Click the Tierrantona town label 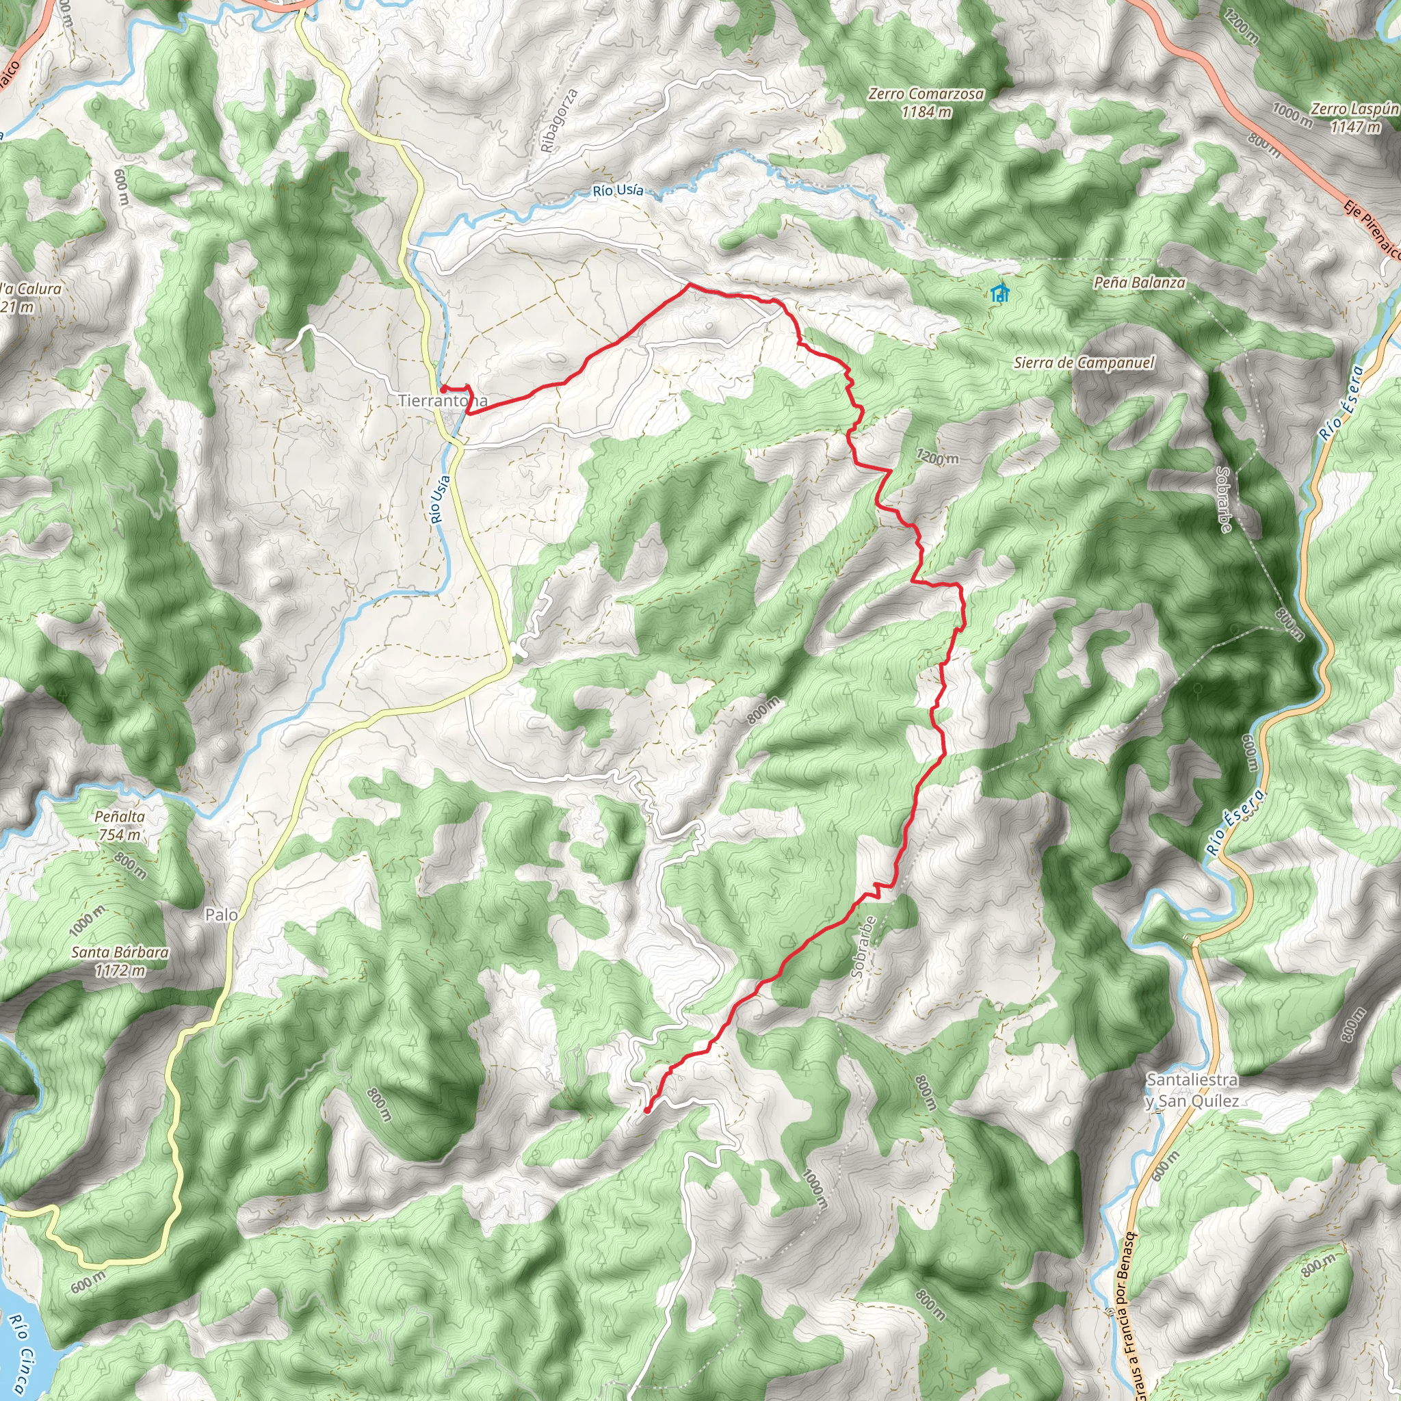point(442,401)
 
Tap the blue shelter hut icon point(1000,293)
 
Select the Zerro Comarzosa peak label point(926,94)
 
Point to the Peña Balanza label point(1139,283)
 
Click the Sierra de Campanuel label point(1084,363)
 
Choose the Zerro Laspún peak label point(1353,109)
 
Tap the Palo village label point(221,915)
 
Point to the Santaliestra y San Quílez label point(1192,1090)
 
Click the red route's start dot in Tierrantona point(443,389)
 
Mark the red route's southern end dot point(646,1110)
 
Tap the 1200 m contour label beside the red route point(937,457)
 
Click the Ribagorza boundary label point(560,120)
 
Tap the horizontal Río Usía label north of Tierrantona point(618,191)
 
